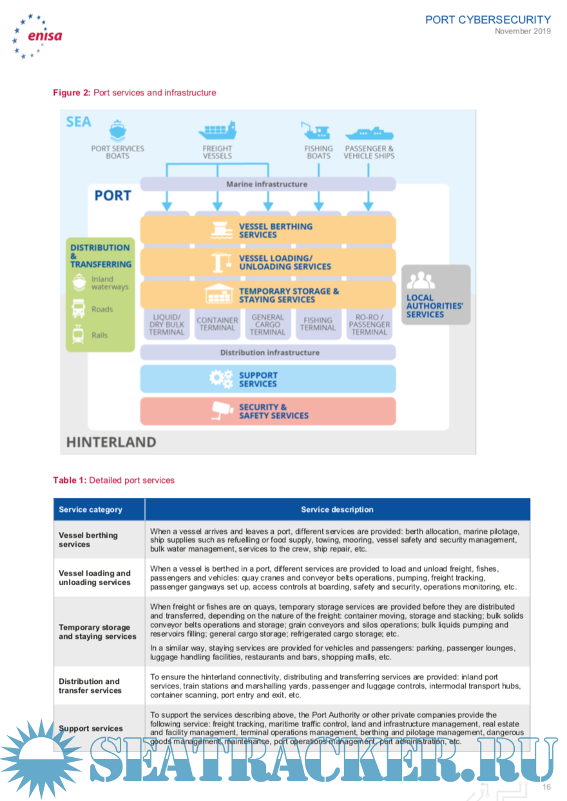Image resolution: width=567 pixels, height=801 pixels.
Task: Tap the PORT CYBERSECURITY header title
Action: [x=488, y=20]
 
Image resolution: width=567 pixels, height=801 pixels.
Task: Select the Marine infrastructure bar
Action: [x=267, y=184]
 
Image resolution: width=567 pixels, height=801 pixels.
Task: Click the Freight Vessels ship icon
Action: [x=217, y=131]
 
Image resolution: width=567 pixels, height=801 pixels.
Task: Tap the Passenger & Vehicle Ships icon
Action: [x=369, y=133]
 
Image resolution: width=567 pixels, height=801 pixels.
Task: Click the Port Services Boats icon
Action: [x=117, y=130]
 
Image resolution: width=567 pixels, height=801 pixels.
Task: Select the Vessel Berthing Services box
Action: [x=267, y=231]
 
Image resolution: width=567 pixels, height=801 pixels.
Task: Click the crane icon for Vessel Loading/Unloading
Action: [x=222, y=262]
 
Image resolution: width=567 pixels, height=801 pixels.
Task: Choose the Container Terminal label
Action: [x=217, y=324]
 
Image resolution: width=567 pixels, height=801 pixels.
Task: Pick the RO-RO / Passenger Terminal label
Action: [x=369, y=324]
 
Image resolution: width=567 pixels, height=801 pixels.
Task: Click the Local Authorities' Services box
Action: [x=436, y=294]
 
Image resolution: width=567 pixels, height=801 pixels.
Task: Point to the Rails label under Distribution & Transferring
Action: [x=99, y=335]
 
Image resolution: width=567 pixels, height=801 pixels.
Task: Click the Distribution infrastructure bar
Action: [x=267, y=352]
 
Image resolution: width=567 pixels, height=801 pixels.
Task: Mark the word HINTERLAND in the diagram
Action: [x=111, y=442]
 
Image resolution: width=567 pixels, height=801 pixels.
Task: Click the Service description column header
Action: [x=337, y=509]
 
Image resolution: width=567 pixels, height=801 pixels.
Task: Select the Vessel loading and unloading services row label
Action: [x=95, y=578]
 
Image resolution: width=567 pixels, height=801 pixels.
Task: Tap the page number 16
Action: [x=546, y=787]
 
